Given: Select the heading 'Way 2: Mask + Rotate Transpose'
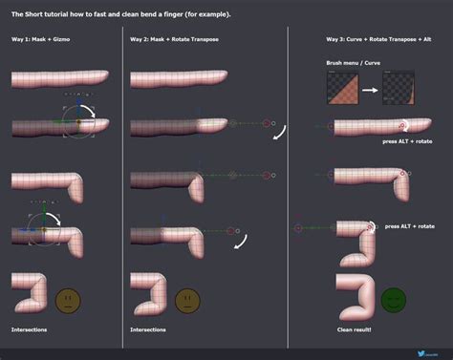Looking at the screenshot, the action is click(x=172, y=41).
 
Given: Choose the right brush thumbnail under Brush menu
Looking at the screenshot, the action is click(x=398, y=86).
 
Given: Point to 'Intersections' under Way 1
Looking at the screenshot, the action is click(x=29, y=329).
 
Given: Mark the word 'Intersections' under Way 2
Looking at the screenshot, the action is click(x=148, y=329).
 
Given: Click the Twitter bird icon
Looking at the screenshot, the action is click(x=421, y=350).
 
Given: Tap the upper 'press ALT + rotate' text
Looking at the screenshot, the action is click(x=409, y=141).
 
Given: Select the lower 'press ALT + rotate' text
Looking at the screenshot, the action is click(x=409, y=226).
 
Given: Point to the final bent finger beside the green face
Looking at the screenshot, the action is click(x=354, y=294).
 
